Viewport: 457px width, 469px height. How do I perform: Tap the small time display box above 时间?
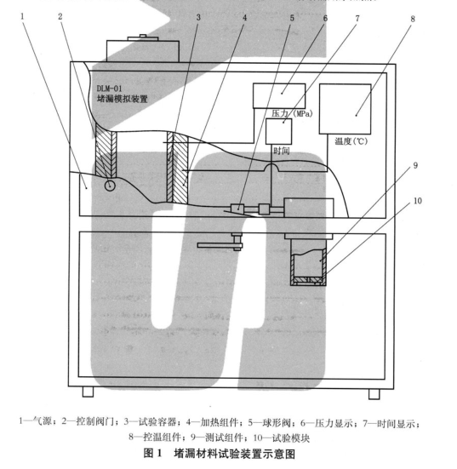coord(278,130)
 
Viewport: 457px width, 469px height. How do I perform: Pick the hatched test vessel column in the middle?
coord(175,165)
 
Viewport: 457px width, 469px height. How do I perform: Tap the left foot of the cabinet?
coord(89,393)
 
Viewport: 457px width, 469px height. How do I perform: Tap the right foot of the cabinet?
coord(373,393)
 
